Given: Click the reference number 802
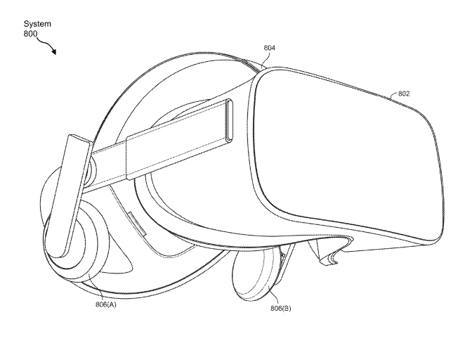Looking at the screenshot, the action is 404,94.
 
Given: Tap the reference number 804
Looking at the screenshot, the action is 270,48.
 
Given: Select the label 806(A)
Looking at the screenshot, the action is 106,304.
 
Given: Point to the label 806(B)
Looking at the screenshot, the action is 280,309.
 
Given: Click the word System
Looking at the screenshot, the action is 37,24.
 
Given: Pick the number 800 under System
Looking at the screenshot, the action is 30,34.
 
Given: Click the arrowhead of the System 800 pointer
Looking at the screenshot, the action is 53,51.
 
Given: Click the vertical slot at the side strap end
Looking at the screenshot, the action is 230,120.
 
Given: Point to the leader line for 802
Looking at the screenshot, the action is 394,95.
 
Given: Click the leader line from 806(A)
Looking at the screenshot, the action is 96,287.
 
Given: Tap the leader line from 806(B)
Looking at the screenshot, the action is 275,295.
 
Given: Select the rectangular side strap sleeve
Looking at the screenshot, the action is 178,139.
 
